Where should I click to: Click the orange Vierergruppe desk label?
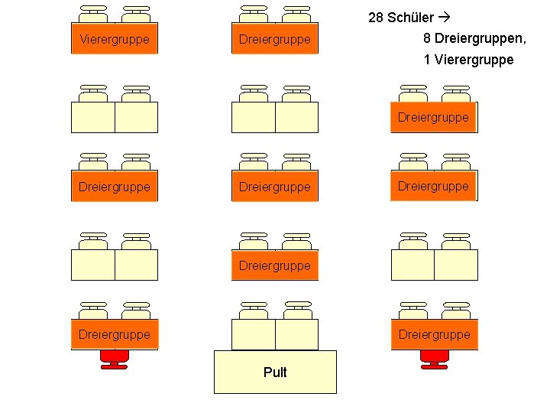click(115, 39)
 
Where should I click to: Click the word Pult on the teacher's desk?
click(275, 372)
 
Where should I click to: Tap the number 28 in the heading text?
click(376, 18)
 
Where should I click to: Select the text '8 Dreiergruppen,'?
click(474, 38)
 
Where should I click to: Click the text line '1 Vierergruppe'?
click(468, 60)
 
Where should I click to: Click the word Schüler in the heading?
click(410, 18)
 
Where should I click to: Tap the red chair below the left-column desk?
click(115, 359)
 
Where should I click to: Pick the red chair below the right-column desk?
click(434, 359)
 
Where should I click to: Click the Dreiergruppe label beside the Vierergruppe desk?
click(275, 39)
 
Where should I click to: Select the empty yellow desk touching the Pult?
click(275, 334)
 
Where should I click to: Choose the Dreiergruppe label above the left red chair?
click(115, 334)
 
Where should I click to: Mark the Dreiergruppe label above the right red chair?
click(434, 334)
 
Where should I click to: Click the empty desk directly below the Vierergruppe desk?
click(115, 117)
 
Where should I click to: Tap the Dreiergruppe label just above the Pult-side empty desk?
click(275, 265)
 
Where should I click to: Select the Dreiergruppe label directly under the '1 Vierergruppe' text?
click(433, 117)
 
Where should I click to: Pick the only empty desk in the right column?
click(434, 265)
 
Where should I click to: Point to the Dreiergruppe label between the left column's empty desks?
click(115, 186)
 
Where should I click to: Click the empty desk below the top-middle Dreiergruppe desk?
click(275, 117)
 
